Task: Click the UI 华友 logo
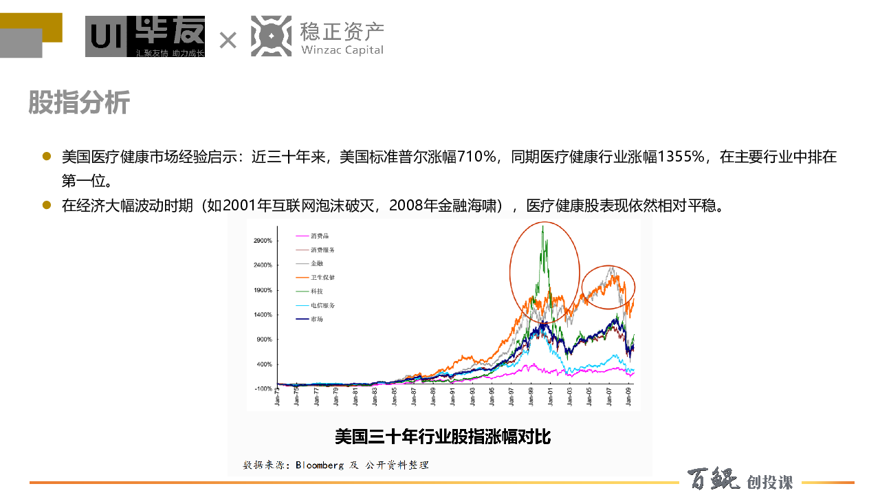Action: [x=145, y=36]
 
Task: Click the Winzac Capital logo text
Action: [x=342, y=49]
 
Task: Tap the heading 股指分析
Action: [x=79, y=103]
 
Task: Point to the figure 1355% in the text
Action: [x=681, y=157]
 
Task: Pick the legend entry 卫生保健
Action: [x=322, y=277]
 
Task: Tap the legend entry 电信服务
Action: [x=322, y=305]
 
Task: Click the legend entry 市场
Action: [x=317, y=319]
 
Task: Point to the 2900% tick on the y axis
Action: [x=263, y=241]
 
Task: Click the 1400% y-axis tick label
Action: [x=263, y=315]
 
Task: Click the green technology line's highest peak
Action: [x=544, y=226]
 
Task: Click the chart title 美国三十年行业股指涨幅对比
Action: [x=443, y=437]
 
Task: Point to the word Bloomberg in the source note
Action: [x=320, y=465]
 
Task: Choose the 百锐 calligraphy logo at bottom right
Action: [x=714, y=480]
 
